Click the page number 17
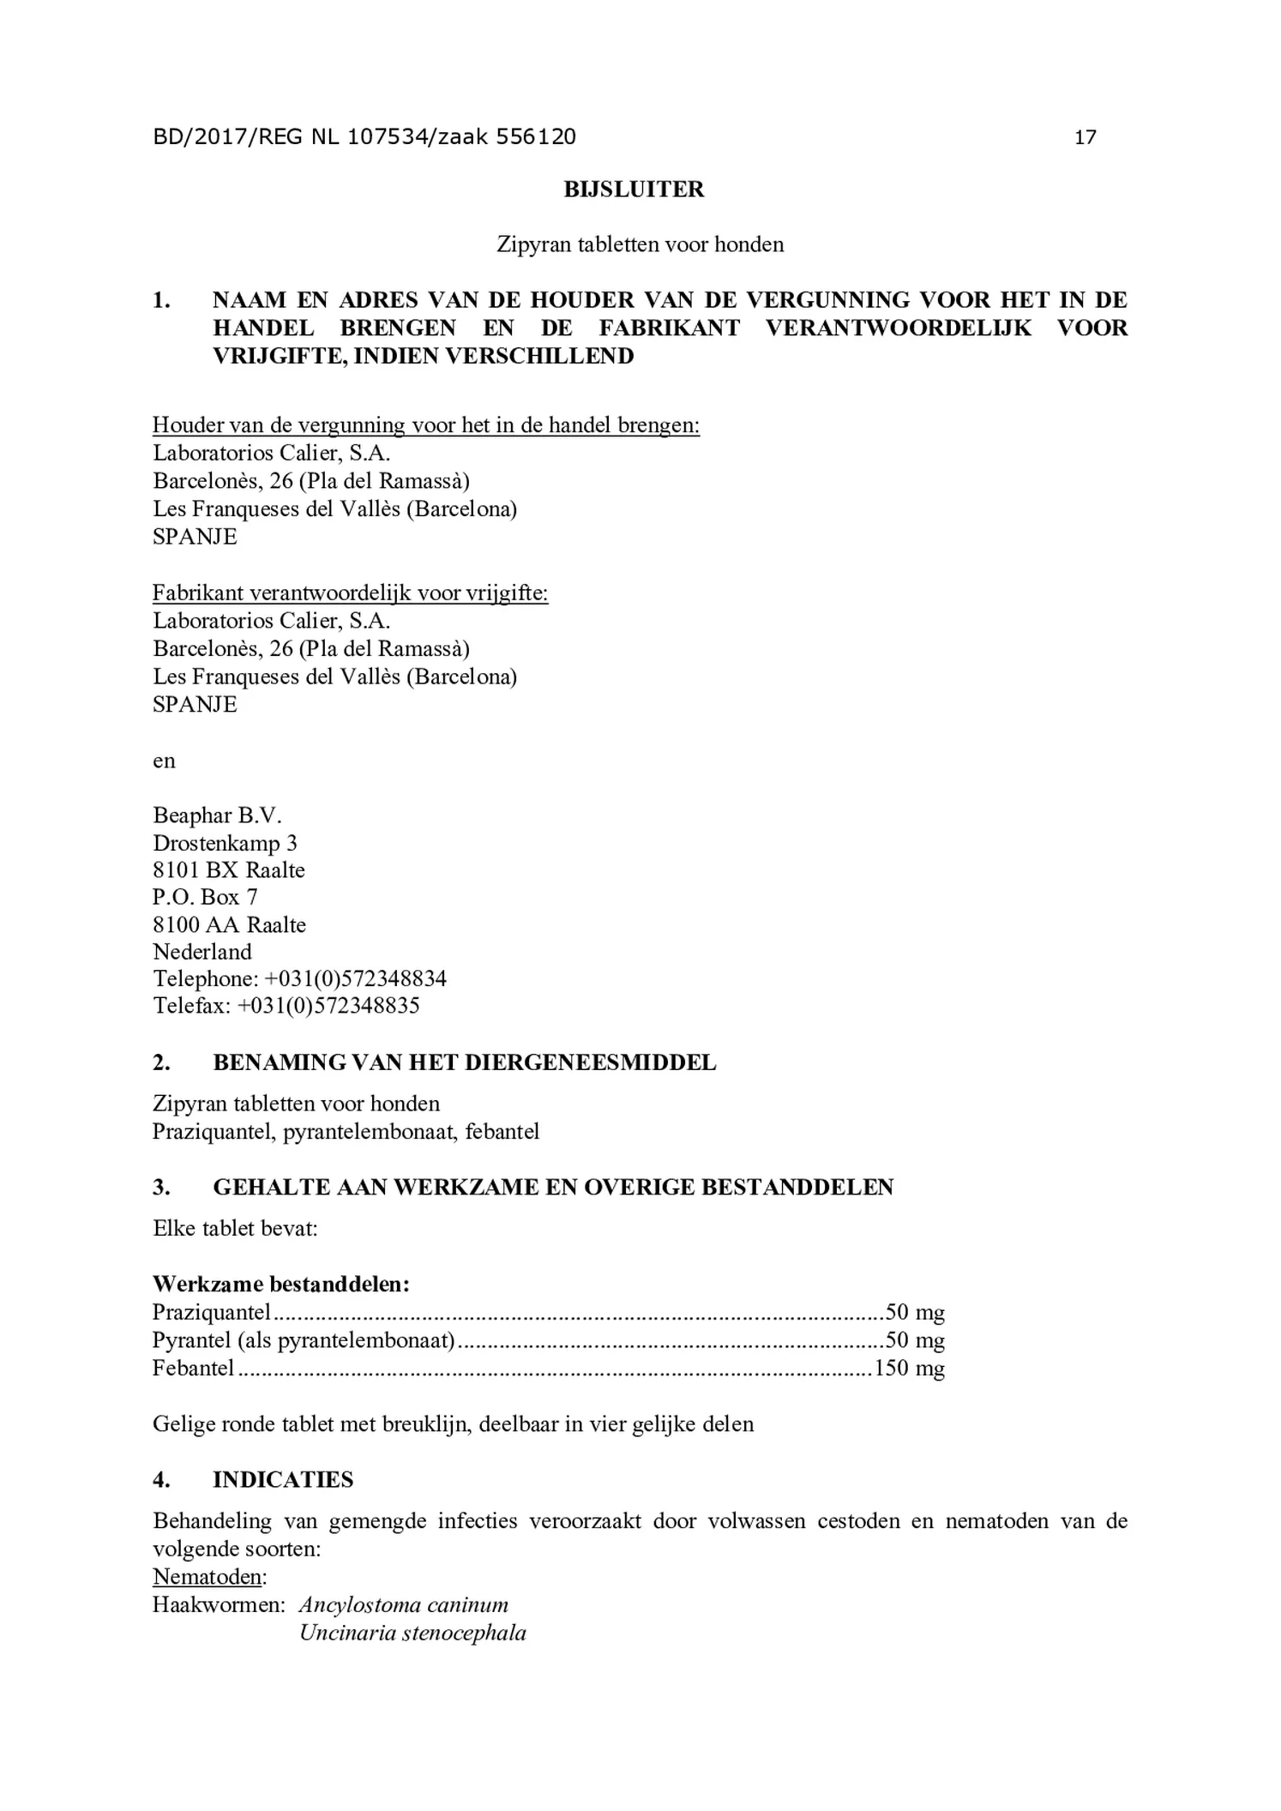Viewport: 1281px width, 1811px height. point(1085,137)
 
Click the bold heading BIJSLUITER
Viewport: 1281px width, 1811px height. point(634,190)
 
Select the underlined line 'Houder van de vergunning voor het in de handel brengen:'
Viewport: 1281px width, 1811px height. point(425,425)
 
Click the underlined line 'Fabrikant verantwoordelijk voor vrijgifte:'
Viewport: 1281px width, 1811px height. point(350,593)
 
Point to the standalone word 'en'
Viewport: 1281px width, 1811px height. point(164,761)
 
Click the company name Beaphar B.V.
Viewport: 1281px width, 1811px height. point(217,815)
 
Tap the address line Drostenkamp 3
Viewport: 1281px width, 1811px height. point(225,843)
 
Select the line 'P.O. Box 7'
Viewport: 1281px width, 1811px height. point(205,897)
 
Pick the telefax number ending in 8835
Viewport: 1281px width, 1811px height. point(328,1006)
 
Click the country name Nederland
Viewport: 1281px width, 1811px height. point(202,952)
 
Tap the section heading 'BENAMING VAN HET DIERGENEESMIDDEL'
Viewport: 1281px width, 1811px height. point(464,1062)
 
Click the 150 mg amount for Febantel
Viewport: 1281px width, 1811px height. point(909,1368)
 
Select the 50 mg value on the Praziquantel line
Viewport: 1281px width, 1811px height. point(915,1312)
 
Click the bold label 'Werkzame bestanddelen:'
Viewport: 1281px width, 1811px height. point(281,1284)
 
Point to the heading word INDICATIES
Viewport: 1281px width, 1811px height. point(283,1479)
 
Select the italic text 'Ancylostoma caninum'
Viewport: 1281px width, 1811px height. point(403,1604)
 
